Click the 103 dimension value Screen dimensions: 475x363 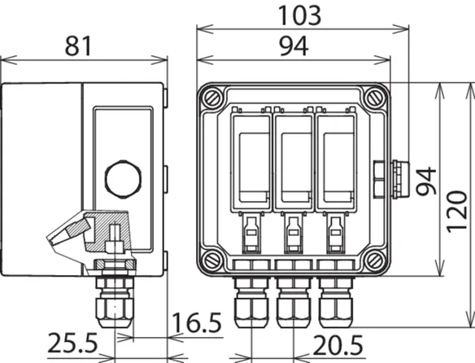(299, 15)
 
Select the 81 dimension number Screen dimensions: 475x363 (78, 46)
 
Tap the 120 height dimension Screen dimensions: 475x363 (457, 212)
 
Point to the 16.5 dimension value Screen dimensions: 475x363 (197, 322)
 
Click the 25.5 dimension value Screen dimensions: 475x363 (72, 343)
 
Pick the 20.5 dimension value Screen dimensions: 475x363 (338, 345)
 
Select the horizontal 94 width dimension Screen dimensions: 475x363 (294, 46)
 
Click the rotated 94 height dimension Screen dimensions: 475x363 (426, 181)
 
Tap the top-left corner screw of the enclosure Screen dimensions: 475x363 (212, 98)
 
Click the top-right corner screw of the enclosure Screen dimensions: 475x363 (375, 98)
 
